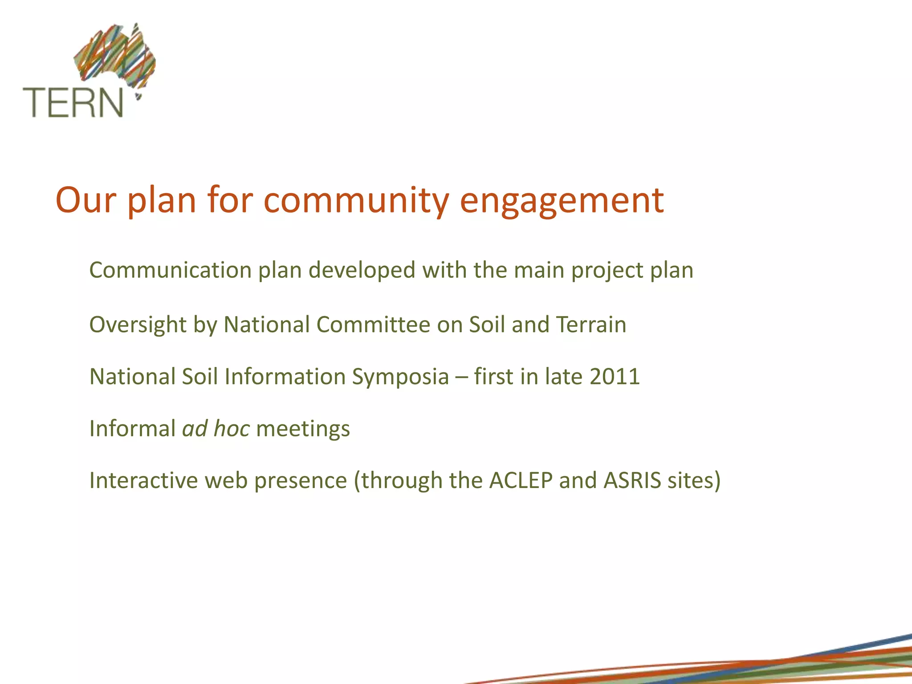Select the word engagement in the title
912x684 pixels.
(562, 200)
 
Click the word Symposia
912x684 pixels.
(400, 377)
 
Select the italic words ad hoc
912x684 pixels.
(216, 429)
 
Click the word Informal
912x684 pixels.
(132, 429)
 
